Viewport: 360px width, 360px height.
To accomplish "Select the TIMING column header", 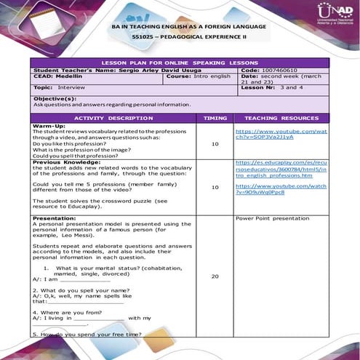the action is click(x=215, y=117).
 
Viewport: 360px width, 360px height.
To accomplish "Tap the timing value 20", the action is click(x=215, y=277).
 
